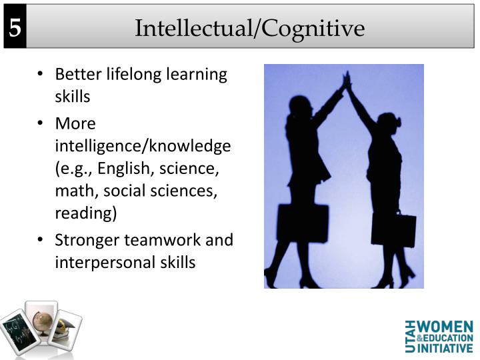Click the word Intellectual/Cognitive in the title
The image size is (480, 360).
[x=250, y=28]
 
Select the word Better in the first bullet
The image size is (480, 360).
[x=76, y=74]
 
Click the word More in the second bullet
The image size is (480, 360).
[x=75, y=123]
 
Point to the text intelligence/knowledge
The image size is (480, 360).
[x=143, y=145]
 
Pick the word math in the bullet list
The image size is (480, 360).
[x=72, y=191]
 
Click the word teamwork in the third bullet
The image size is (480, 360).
[x=166, y=239]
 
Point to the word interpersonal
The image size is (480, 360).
[x=102, y=262]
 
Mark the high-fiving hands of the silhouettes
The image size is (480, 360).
[x=346, y=81]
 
